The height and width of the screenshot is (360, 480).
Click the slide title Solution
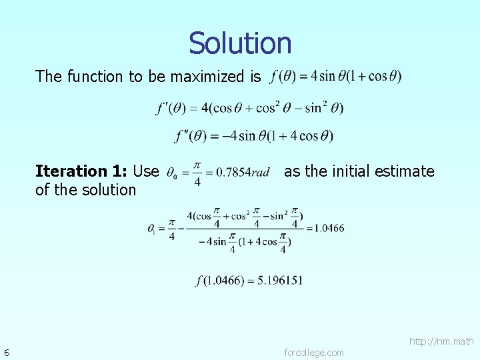pyautogui.click(x=240, y=43)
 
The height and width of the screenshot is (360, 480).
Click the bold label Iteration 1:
pyautogui.click(x=81, y=171)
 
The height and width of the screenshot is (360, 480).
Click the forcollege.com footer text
pyautogui.click(x=314, y=353)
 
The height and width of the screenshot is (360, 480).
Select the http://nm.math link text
pyautogui.click(x=441, y=341)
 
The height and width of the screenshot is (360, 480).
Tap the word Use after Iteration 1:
pyautogui.click(x=146, y=171)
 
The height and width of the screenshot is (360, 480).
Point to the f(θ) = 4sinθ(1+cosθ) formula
pyautogui.click(x=336, y=76)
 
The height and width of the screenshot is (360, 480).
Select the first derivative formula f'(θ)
pyautogui.click(x=249, y=108)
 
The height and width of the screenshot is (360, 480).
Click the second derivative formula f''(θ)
pyautogui.click(x=253, y=136)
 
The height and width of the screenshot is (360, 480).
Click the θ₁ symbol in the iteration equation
pyautogui.click(x=152, y=229)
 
